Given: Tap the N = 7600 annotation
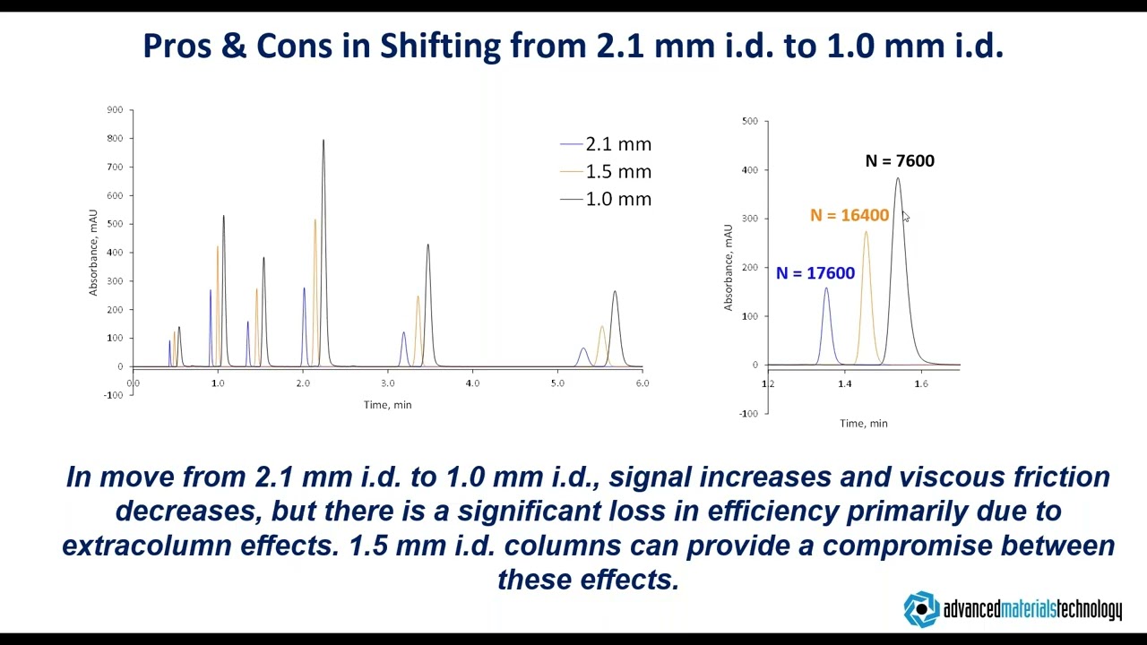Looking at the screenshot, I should (900, 161).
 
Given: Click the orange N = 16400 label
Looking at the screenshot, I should (849, 216).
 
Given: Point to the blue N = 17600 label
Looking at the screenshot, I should (815, 273).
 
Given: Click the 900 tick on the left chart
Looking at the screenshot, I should (115, 110).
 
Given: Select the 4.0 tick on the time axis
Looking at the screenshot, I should (472, 383).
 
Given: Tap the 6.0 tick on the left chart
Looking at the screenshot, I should (642, 383).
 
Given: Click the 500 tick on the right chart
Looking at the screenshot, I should (749, 121).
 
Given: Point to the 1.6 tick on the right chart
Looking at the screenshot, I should (921, 383).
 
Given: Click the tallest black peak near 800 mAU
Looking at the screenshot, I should (323, 141).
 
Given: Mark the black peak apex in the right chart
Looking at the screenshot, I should (898, 178).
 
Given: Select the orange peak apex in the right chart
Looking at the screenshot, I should (866, 232).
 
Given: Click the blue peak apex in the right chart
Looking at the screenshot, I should (826, 288).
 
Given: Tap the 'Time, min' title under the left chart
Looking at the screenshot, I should (387, 405).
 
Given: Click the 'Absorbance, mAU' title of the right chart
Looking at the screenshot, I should (729, 268).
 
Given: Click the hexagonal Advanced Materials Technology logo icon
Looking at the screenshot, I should (920, 610).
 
